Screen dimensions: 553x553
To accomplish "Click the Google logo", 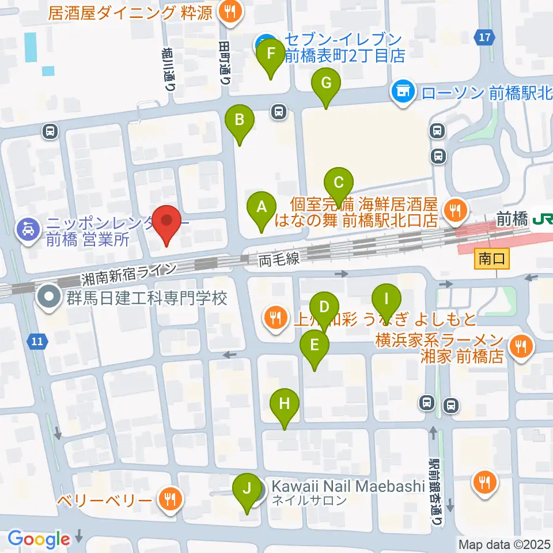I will [x=39, y=540].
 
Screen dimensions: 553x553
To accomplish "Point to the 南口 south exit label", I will [x=492, y=259].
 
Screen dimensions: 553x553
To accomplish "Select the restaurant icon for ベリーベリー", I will [x=170, y=499].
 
